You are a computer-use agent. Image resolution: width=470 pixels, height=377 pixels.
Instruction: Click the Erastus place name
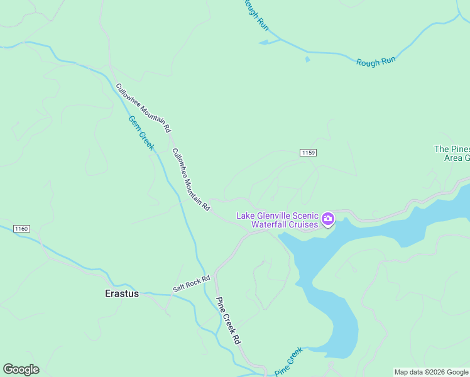click(121, 293)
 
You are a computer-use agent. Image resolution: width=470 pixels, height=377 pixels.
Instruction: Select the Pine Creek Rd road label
click(228, 320)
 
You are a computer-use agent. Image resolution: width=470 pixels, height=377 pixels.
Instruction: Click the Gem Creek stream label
click(141, 132)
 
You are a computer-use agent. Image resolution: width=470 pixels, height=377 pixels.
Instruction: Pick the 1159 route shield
click(307, 153)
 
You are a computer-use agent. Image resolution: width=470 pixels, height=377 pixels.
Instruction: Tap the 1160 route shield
click(21, 229)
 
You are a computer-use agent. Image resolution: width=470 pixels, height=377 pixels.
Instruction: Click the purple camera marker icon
click(327, 219)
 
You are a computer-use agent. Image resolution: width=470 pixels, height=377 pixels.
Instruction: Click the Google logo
click(21, 369)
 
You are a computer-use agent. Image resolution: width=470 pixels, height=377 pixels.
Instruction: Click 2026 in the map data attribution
click(436, 372)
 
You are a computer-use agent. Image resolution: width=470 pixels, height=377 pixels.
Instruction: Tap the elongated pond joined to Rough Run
click(267, 42)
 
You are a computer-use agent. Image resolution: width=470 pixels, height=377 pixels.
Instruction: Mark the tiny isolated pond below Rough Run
click(307, 60)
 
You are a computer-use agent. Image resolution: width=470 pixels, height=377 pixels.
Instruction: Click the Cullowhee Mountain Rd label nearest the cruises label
click(190, 179)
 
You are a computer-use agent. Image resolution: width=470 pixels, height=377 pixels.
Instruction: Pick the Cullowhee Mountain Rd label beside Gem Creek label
click(143, 108)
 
